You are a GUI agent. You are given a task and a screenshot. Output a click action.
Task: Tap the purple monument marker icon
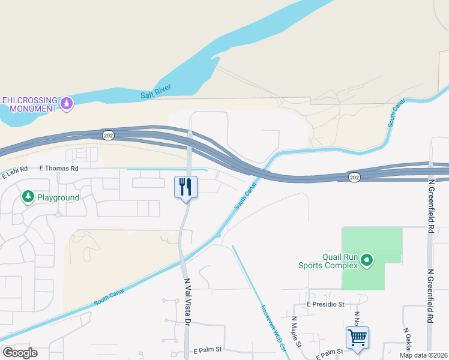(x=67, y=104)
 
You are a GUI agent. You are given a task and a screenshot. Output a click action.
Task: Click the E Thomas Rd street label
(x=59, y=169)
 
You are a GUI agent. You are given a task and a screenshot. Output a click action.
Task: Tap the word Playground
(x=58, y=197)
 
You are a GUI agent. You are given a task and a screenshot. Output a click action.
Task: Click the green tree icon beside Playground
(x=28, y=197)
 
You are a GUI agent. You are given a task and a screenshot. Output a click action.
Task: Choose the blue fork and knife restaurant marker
(x=185, y=187)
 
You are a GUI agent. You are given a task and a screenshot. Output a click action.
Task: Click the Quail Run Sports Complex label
(x=328, y=260)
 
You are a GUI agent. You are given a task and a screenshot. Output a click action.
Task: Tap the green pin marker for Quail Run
(x=367, y=260)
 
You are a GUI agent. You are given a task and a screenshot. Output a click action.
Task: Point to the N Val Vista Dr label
(x=187, y=302)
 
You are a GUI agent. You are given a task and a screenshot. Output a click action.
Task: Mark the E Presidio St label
(x=325, y=304)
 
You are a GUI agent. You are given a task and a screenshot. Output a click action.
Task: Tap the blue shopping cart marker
(x=357, y=337)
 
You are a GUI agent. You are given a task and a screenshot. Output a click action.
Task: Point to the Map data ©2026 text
(x=423, y=355)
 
